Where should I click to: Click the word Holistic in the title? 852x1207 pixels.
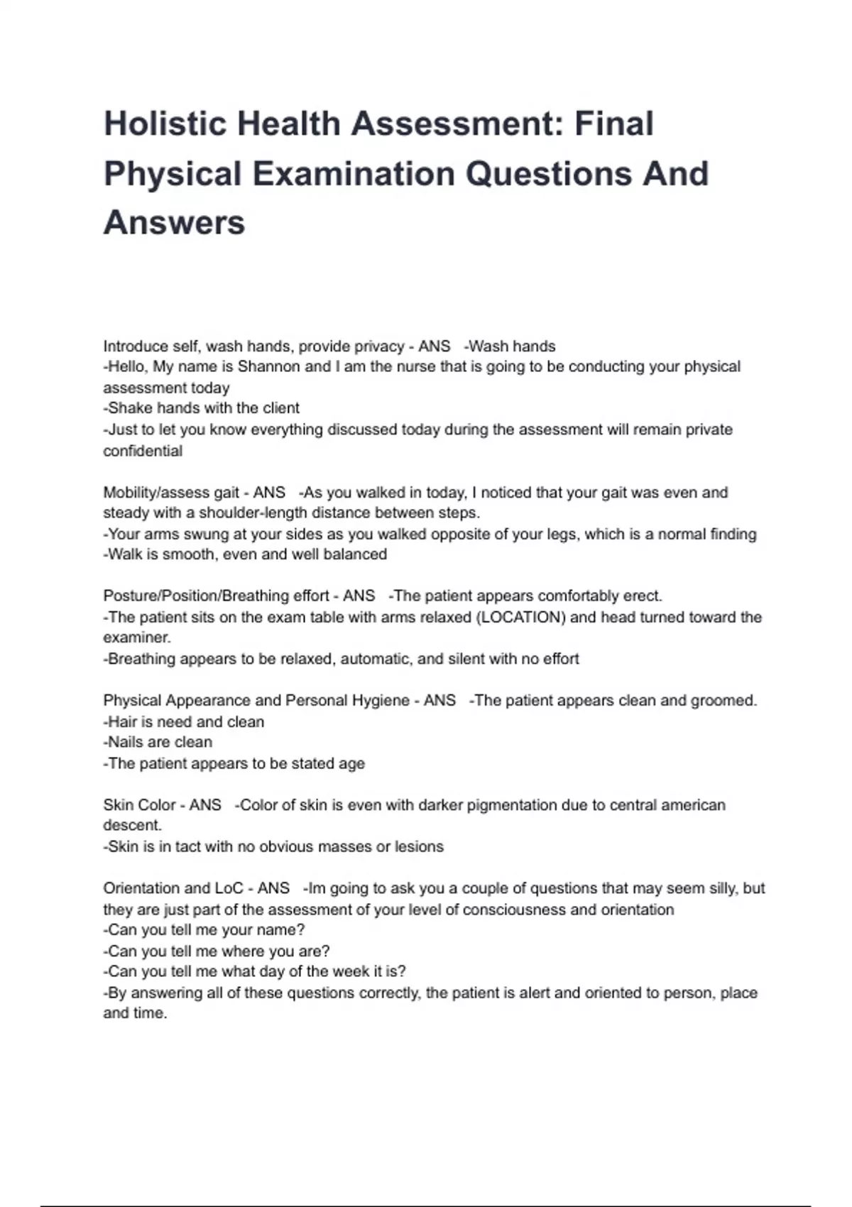[165, 124]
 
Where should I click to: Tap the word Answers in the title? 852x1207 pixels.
[174, 222]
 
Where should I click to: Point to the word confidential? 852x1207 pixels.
[143, 451]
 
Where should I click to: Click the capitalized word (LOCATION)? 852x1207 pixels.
[521, 617]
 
